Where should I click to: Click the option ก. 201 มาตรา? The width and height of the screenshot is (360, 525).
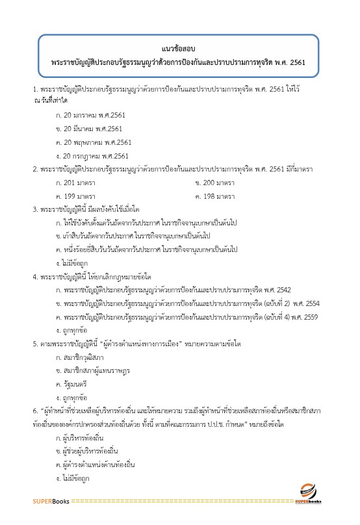(x=76, y=183)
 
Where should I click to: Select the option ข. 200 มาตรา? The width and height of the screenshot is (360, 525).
(x=215, y=183)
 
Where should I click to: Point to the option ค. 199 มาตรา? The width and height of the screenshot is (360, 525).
(x=76, y=196)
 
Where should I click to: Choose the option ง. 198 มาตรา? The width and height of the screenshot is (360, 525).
(x=215, y=196)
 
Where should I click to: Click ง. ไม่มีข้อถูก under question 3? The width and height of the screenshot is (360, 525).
(x=71, y=263)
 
